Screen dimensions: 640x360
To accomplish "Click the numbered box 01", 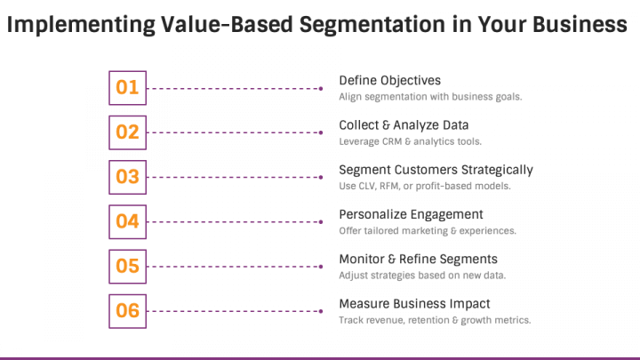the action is pos(127,88).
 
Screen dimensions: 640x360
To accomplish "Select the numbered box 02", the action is pos(127,132).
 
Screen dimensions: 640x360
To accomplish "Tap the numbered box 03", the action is pos(127,177).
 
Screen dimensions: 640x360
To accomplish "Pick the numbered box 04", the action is pos(127,222).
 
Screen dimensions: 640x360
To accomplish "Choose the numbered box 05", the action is pos(127,267).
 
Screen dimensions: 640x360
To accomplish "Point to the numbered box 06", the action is pos(127,311).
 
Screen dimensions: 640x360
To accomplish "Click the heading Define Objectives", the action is pos(390,81).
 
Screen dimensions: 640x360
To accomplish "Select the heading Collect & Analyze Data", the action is pos(404,125).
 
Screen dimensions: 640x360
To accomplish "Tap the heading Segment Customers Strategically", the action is pos(436,170).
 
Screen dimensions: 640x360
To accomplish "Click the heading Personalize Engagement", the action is pos(411,215).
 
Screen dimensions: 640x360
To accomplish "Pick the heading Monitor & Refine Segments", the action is pos(419,260).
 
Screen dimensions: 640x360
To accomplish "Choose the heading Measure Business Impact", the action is pos(414,304).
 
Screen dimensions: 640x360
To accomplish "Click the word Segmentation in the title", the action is pos(372,25).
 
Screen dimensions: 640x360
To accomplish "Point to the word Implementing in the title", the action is pos(81,25).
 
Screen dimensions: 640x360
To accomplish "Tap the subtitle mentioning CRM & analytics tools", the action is pos(410,141).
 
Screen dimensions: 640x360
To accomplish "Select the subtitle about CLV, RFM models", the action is pos(425,186).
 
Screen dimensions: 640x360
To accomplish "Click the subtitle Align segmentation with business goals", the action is pos(430,97).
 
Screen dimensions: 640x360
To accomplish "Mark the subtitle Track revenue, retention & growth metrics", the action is pos(435,320).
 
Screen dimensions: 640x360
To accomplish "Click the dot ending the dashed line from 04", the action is pos(321,222).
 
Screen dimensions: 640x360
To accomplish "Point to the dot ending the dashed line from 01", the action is pos(321,88).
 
